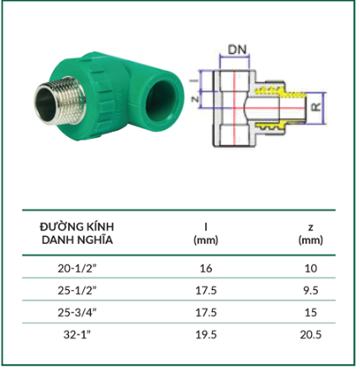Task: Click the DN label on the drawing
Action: pyautogui.click(x=237, y=50)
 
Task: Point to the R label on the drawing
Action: pyautogui.click(x=316, y=107)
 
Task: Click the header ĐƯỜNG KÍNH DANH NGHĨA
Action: pyautogui.click(x=77, y=234)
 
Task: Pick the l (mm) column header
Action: pyautogui.click(x=206, y=234)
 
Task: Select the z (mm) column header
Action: pyautogui.click(x=310, y=234)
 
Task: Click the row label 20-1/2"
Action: pyautogui.click(x=77, y=268)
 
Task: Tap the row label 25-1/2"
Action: pyautogui.click(x=77, y=291)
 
